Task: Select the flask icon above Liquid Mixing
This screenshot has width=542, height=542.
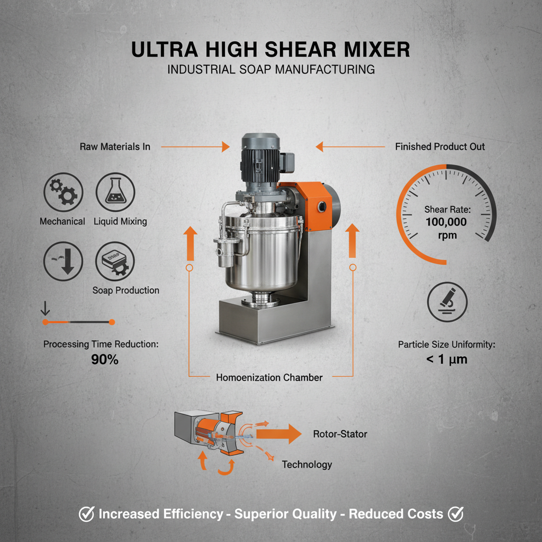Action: click(115, 192)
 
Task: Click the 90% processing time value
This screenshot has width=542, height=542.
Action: click(101, 360)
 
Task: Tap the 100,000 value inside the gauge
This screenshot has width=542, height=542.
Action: click(447, 222)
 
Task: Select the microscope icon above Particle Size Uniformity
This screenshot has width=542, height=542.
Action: click(447, 301)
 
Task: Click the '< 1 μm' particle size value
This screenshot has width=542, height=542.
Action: click(446, 360)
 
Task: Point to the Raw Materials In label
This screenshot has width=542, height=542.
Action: click(115, 146)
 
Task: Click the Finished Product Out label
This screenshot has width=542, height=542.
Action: click(440, 146)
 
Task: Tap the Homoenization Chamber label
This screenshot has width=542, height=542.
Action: click(269, 377)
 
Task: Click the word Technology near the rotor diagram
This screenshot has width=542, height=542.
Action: click(307, 464)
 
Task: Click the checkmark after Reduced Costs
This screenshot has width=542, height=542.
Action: click(455, 513)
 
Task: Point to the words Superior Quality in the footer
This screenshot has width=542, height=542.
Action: click(285, 514)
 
